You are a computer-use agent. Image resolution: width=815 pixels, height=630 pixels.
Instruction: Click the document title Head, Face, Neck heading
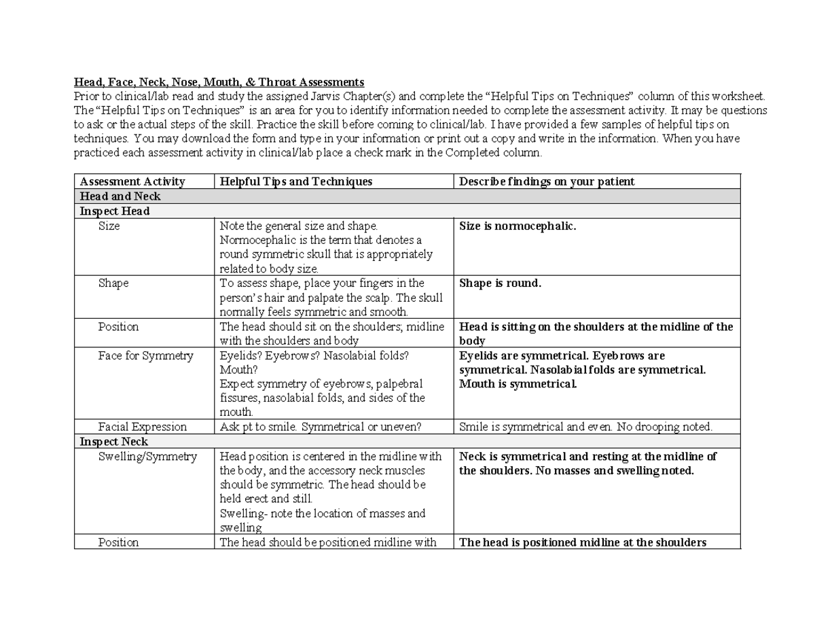click(219, 82)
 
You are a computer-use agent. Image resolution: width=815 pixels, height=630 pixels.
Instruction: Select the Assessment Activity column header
click(132, 181)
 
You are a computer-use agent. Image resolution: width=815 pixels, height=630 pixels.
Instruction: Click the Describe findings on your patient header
click(547, 181)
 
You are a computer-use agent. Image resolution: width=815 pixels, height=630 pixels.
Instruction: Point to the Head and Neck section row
click(120, 196)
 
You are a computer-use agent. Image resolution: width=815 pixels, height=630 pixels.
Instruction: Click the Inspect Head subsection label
click(114, 211)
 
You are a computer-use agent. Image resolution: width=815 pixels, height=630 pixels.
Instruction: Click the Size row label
click(109, 226)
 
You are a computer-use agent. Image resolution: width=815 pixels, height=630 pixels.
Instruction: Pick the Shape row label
click(113, 283)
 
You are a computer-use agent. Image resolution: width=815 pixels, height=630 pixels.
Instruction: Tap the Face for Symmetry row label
click(145, 355)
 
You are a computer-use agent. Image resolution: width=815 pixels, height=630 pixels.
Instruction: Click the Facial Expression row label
click(142, 427)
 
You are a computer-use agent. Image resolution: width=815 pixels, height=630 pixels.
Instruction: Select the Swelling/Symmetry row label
click(147, 457)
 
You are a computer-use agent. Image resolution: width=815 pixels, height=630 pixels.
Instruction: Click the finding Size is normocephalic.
click(518, 226)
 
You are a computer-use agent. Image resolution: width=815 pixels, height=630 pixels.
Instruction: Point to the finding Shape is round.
click(500, 283)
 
